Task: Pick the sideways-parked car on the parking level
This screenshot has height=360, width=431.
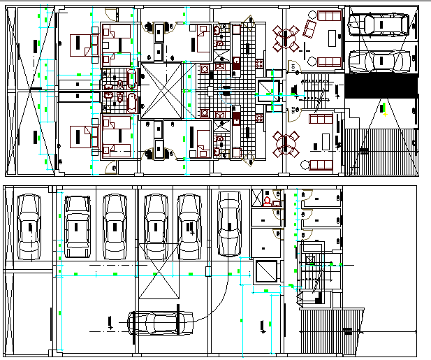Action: pyautogui.click(x=161, y=322)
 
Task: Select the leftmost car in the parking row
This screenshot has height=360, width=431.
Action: pyautogui.click(x=29, y=224)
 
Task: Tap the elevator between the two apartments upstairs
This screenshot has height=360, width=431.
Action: pyautogui.click(x=268, y=92)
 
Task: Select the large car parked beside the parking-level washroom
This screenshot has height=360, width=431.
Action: pyautogui.click(x=229, y=224)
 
